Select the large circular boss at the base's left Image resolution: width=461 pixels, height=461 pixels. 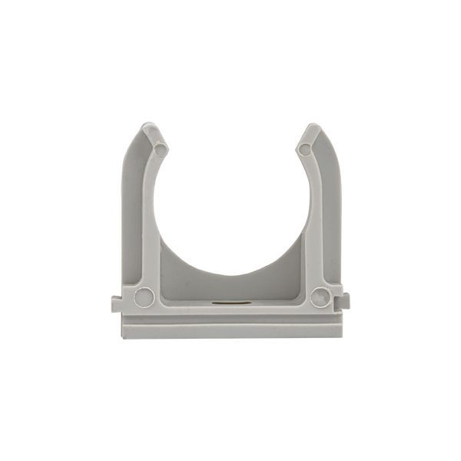pos(144,297)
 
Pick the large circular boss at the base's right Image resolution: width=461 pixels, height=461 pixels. pos(320,297)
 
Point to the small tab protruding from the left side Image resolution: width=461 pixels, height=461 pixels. pos(116,303)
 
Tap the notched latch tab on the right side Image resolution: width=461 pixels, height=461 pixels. pos(344,300)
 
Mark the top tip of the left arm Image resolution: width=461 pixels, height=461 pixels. pos(151,128)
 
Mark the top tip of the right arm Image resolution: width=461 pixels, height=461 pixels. pos(311,128)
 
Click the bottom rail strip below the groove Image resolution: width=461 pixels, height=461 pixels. pos(230,330)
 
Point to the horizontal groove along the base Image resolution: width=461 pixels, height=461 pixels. pos(230,319)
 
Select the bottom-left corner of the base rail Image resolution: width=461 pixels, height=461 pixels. pos(123,337)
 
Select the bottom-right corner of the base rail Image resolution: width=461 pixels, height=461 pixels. pos(341,337)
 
